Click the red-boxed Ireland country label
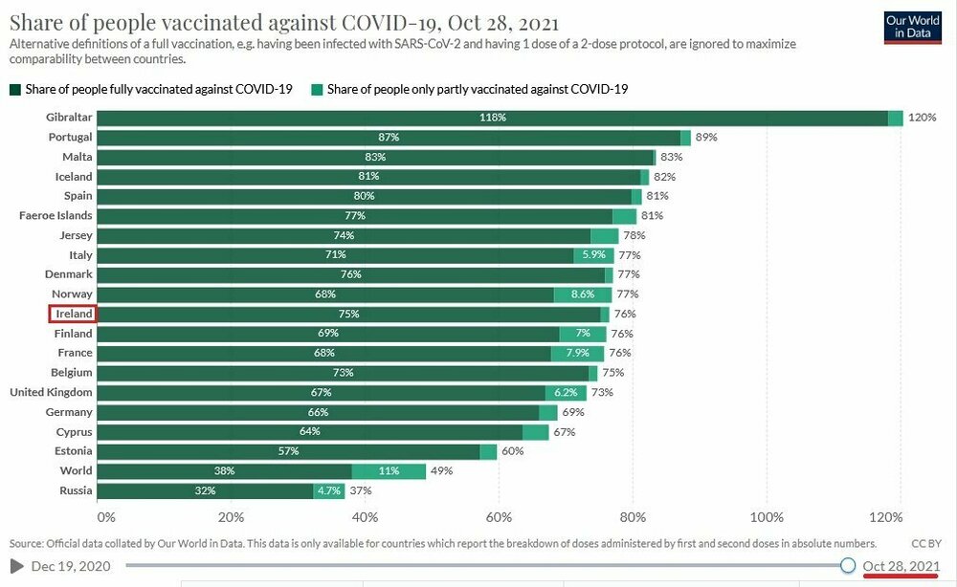coord(73,314)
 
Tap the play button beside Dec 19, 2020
coord(17,566)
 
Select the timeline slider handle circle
coord(848,565)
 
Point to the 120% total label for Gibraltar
coord(922,118)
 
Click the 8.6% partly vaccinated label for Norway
coord(583,294)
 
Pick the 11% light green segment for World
coord(389,470)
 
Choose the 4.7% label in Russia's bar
coord(328,490)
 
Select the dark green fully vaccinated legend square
coord(14,89)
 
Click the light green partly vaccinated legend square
coord(316,89)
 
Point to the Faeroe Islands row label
coord(56,216)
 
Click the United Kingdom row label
coord(51,392)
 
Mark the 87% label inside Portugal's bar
coord(389,138)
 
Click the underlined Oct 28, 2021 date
coord(900,566)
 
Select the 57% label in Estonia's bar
coord(288,451)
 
